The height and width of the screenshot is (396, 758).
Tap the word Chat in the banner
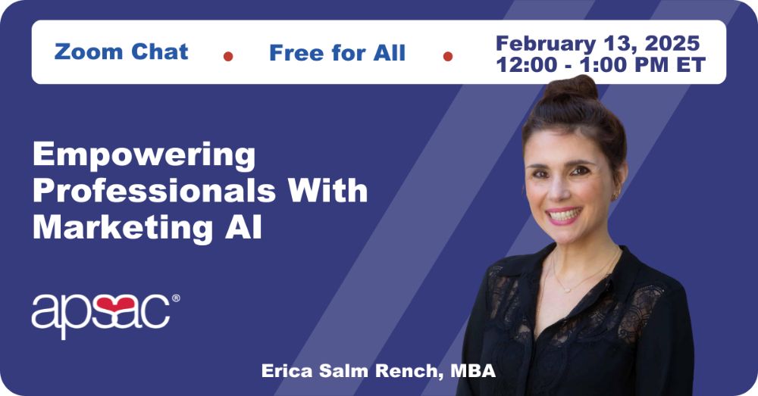[159, 51]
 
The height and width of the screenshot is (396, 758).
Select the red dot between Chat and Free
[228, 57]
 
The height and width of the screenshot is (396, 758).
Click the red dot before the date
[448, 57]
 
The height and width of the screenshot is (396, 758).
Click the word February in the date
[546, 44]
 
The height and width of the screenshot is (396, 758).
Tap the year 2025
[672, 43]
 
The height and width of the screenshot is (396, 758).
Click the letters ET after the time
[691, 65]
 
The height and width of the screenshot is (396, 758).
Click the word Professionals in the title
[155, 190]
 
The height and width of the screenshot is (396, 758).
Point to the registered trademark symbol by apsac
[176, 298]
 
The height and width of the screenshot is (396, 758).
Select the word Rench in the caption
[410, 371]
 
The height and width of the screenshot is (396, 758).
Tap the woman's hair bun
[571, 88]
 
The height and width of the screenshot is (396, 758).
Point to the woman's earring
[615, 196]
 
